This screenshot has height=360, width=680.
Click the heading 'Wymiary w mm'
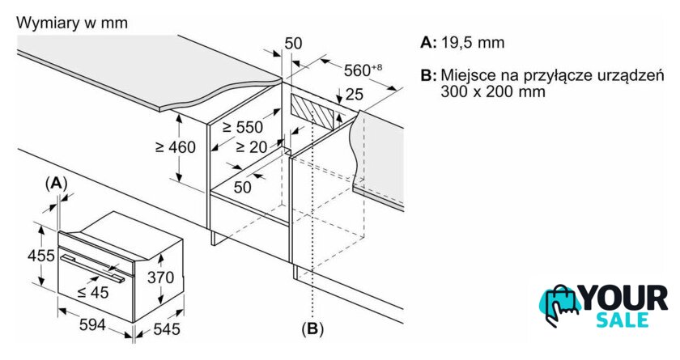click(x=72, y=23)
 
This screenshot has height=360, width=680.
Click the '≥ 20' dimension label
click(x=250, y=146)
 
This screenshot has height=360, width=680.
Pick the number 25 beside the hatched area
click(x=354, y=95)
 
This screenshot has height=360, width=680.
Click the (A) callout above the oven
click(x=56, y=184)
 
